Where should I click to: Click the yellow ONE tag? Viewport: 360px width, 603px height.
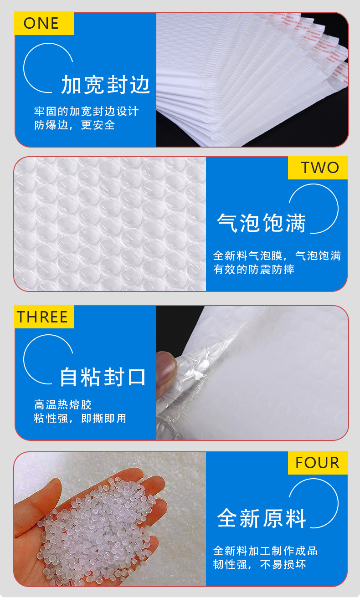pos(44,23)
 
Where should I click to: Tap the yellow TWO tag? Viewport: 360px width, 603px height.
pos(318,168)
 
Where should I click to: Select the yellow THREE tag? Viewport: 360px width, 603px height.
pos(44,317)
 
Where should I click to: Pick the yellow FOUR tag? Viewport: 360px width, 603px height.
pos(318,463)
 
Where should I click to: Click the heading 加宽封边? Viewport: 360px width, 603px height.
pos(106,85)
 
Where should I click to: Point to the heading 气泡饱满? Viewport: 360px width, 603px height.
pos(261,223)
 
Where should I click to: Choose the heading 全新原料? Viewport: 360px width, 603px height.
pos(262,518)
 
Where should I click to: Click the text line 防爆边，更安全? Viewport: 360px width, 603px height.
pos(75,125)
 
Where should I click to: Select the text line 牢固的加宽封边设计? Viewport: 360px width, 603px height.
pos(87,112)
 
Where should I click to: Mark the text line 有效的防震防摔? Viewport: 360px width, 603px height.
pos(254,270)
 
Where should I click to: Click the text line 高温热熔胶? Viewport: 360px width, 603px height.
pos(63,404)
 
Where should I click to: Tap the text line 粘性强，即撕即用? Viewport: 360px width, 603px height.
pos(80,418)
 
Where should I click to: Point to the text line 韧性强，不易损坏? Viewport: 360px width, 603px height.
pos(259,565)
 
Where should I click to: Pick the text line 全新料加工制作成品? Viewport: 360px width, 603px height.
pos(265,551)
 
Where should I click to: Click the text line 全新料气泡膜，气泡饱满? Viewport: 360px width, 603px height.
pos(277,256)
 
